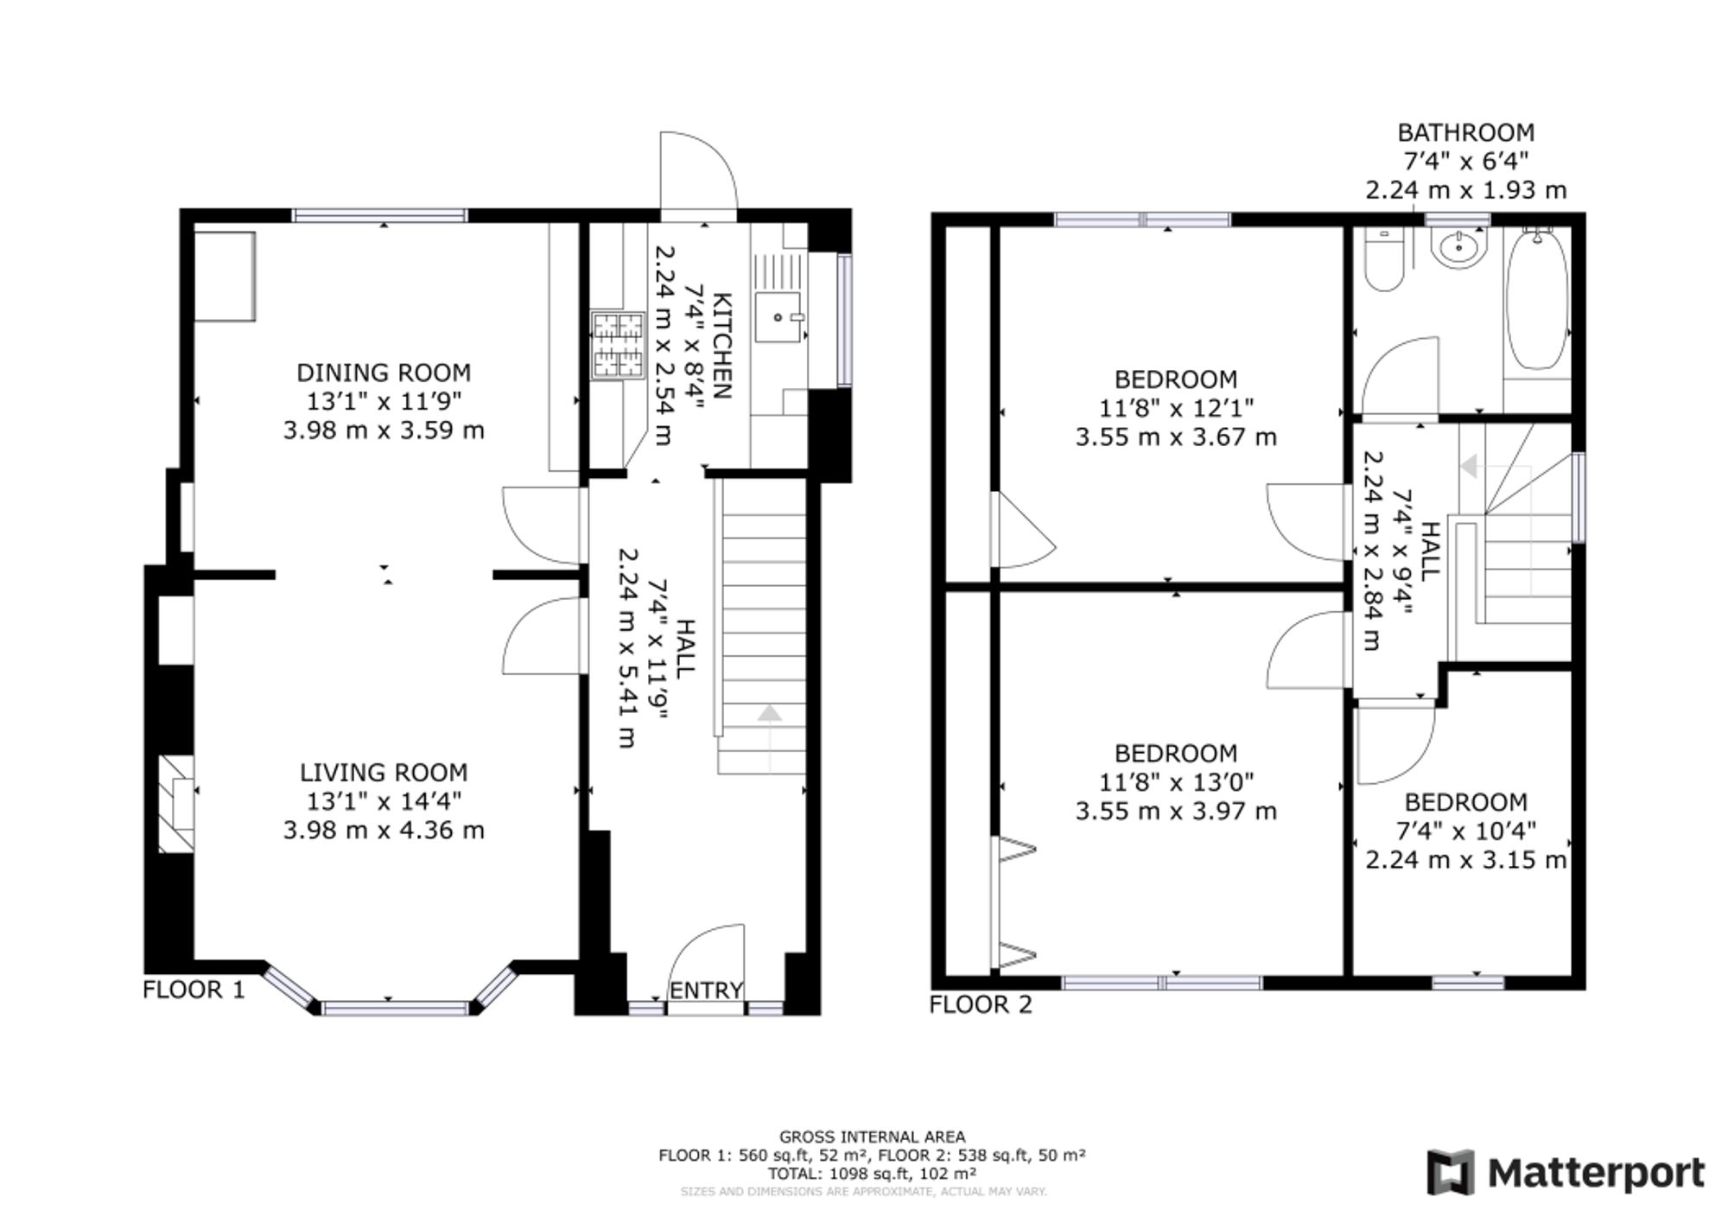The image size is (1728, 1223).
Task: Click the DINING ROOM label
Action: tap(384, 373)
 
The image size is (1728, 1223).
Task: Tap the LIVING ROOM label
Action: tap(384, 772)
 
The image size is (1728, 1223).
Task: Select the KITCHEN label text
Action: tap(723, 346)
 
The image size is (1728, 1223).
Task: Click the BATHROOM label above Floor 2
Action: tap(1466, 132)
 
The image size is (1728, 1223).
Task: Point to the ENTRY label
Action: tap(707, 990)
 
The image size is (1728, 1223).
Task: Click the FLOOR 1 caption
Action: tap(194, 989)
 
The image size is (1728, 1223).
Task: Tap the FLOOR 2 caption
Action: tap(981, 1004)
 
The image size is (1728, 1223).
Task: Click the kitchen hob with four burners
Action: tap(618, 345)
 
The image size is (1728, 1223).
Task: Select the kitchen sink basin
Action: tap(778, 317)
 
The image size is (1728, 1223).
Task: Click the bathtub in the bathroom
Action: tap(1538, 299)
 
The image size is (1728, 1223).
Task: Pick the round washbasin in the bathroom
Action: tap(1459, 248)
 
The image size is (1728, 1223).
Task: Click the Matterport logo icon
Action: tap(1452, 1173)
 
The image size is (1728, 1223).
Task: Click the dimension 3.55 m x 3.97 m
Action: tap(1176, 811)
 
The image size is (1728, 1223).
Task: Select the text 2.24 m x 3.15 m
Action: tap(1466, 860)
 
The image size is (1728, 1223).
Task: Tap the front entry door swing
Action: tap(706, 959)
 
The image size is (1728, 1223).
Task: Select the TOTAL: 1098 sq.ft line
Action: tap(872, 1174)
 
